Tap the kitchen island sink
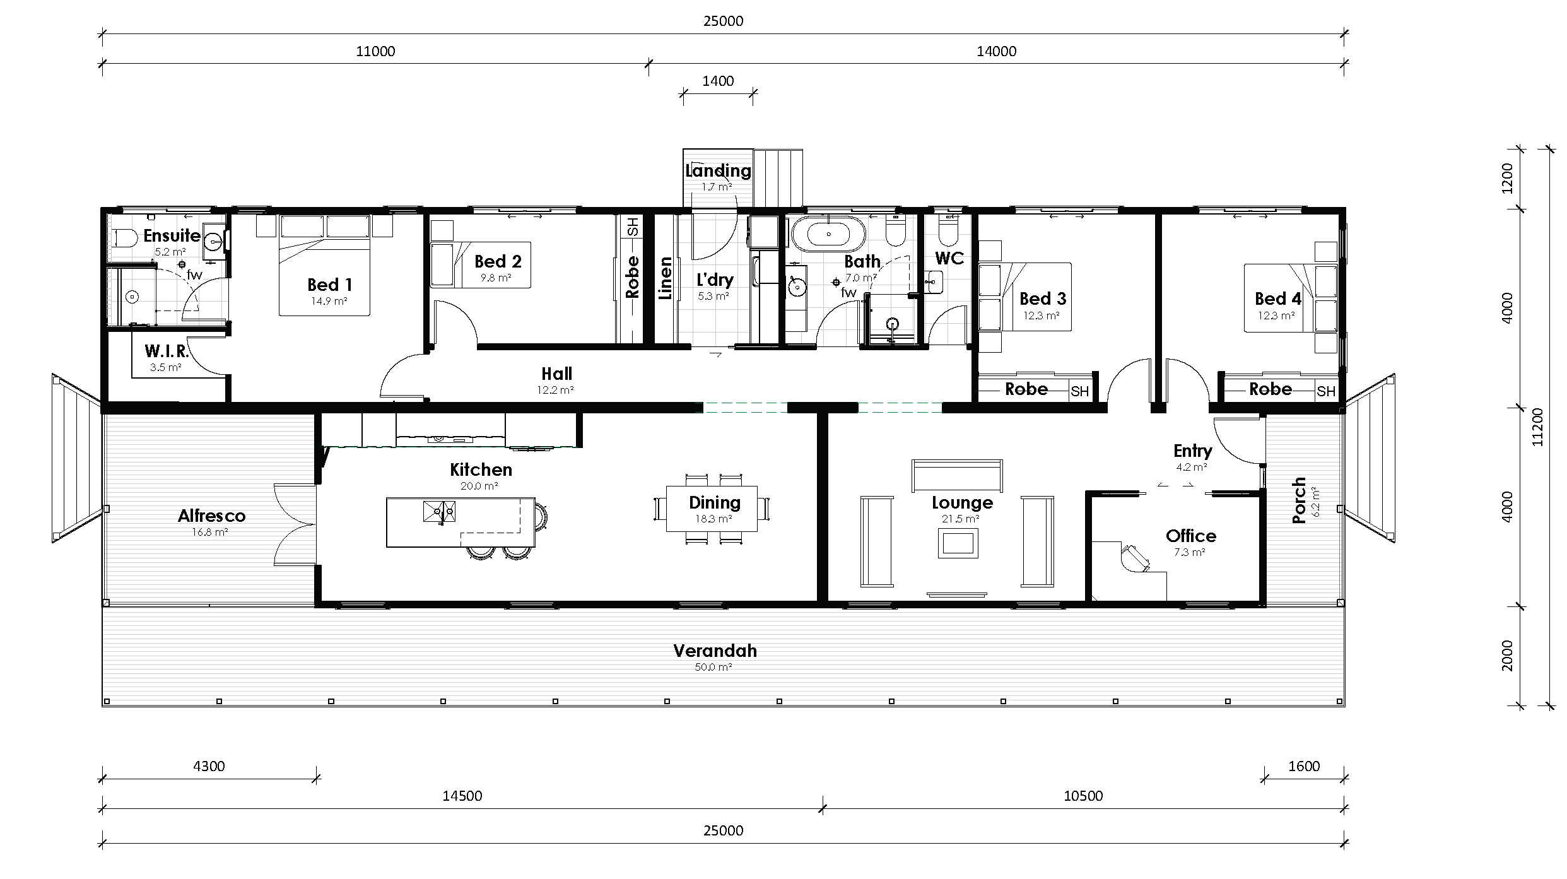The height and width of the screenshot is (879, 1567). tap(440, 510)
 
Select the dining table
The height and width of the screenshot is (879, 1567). tap(712, 509)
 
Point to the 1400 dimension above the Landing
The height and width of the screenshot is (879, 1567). tap(718, 81)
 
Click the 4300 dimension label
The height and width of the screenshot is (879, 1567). tap(209, 766)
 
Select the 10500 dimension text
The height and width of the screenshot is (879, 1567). tap(1083, 796)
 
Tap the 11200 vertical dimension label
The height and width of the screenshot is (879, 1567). tap(1537, 427)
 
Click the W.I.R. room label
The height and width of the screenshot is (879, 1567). tap(167, 351)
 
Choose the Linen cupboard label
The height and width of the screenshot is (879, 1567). tap(666, 278)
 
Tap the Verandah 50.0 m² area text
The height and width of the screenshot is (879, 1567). tap(713, 667)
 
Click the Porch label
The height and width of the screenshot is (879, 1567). tap(1299, 500)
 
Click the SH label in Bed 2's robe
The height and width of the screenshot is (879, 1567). tap(633, 227)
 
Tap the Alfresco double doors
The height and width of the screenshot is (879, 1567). tap(295, 524)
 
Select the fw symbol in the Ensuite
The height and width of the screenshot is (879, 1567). tap(194, 275)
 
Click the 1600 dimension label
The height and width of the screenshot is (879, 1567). tap(1304, 766)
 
